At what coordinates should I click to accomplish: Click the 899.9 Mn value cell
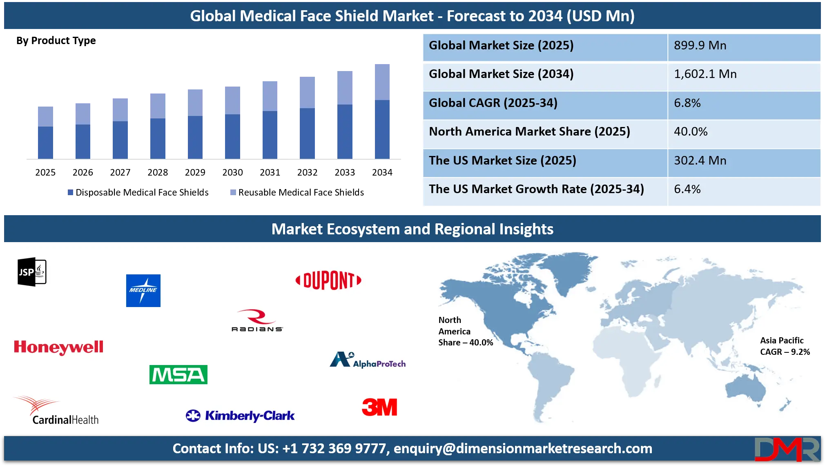pos(700,45)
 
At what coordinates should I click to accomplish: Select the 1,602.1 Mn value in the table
pos(705,74)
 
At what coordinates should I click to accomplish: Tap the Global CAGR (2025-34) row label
pos(493,103)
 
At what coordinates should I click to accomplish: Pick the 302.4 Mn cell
pos(700,160)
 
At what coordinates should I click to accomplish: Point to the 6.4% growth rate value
pos(687,189)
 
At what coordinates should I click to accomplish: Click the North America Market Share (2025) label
pos(529,131)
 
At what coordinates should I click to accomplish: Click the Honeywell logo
pos(58,347)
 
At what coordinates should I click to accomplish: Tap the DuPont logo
pos(328,281)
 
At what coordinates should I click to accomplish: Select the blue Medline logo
pos(143,291)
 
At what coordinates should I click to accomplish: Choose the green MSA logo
pos(178,374)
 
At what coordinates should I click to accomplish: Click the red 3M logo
pos(379,407)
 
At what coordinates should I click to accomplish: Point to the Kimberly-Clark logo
pos(240,416)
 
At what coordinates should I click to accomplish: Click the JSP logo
pos(32,272)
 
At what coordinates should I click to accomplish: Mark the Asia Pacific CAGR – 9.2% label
pos(785,346)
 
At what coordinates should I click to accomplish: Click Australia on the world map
pos(745,388)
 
